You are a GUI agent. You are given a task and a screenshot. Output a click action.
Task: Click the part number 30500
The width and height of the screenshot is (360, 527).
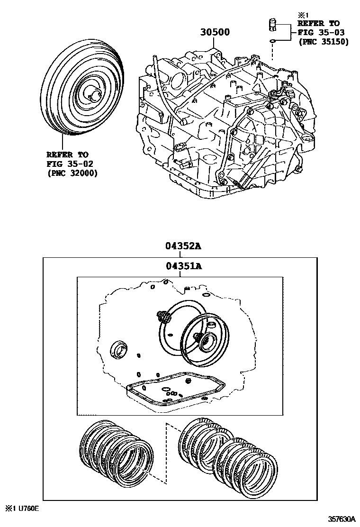[215, 32]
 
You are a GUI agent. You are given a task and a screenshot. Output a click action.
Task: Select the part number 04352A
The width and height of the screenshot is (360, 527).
[183, 246]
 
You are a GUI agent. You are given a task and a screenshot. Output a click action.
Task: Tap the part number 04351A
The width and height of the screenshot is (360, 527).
[183, 266]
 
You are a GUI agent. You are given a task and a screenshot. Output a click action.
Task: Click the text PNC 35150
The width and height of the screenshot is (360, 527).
[324, 42]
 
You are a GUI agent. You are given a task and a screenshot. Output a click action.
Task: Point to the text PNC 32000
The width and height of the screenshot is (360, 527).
[72, 173]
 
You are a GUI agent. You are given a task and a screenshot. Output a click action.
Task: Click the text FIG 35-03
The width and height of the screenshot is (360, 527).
[321, 33]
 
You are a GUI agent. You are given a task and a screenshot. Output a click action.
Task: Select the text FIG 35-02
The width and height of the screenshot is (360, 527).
[70, 164]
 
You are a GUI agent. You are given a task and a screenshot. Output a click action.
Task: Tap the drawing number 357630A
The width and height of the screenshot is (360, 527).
[342, 519]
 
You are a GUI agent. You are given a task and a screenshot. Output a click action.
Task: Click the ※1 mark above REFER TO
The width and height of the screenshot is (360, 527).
[303, 15]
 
